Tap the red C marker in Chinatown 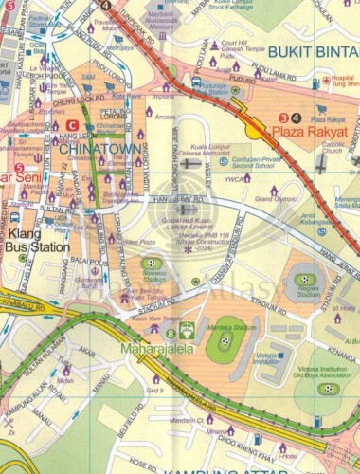(x=73, y=125)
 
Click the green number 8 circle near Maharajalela (x=171, y=333)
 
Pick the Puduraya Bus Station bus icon (x=196, y=82)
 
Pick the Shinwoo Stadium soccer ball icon (x=151, y=263)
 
